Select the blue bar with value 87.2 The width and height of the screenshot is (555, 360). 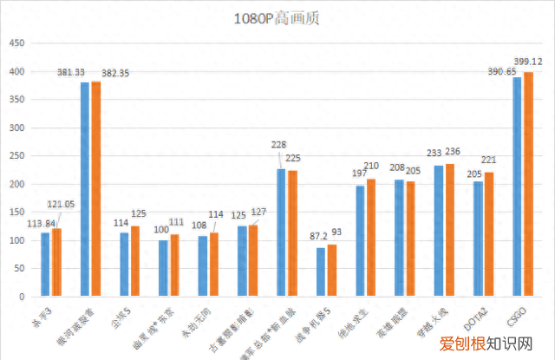coord(321,272)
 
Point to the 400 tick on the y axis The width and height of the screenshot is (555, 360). coord(20,72)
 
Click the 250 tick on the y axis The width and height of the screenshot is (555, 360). coord(20,156)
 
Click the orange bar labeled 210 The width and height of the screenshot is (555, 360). coord(371,238)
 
